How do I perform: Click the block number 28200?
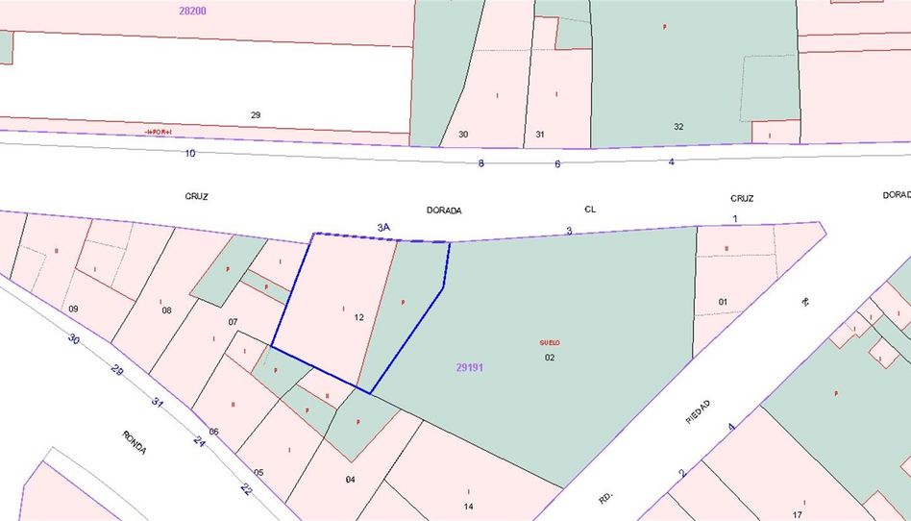pos(192,11)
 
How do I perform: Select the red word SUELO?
pos(549,342)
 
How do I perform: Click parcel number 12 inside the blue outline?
pos(359,317)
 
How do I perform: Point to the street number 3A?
pos(383,227)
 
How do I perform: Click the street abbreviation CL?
pos(590,208)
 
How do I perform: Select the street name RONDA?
pos(134,442)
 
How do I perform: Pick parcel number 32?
pos(678,126)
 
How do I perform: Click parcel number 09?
pos(73,309)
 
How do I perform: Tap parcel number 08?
pos(166,310)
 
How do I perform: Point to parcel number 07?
pos(233,321)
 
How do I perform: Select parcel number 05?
pos(258,472)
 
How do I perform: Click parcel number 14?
pos(468,507)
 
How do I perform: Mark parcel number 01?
pos(723,302)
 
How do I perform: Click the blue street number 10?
pos(190,153)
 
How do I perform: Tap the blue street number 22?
pos(246,488)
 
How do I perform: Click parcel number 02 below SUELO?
pos(550,358)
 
